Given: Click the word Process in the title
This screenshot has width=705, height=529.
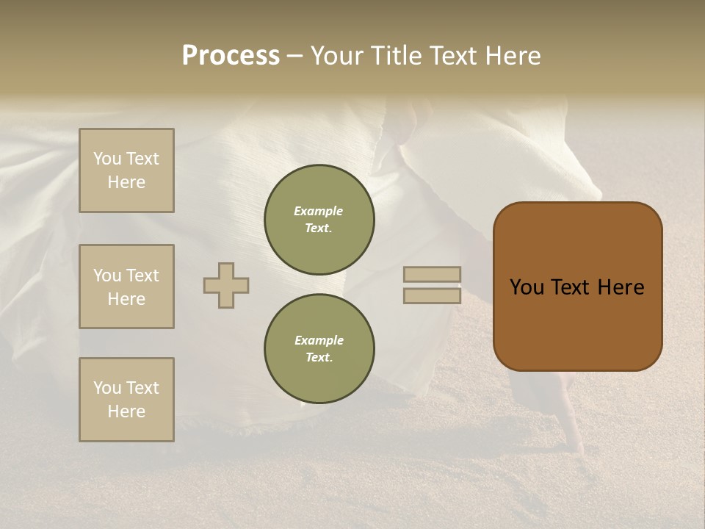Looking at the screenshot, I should [x=231, y=56].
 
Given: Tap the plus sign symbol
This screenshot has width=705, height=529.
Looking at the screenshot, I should [x=226, y=285].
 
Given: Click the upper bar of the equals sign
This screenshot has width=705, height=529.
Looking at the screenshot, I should [x=432, y=275].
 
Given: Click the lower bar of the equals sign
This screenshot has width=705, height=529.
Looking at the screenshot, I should [x=432, y=296].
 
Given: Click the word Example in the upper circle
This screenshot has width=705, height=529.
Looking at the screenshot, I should [x=318, y=211].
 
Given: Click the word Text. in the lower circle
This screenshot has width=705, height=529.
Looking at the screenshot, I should [x=319, y=357].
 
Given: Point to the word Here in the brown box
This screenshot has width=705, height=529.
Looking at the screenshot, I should [x=621, y=287].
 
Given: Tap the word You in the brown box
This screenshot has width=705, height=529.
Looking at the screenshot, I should [x=527, y=287].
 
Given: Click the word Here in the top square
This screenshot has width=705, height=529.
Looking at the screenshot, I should [x=126, y=182].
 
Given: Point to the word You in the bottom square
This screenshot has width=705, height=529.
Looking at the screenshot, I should [x=107, y=388].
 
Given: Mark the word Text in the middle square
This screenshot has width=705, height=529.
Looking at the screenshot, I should [x=142, y=276].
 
